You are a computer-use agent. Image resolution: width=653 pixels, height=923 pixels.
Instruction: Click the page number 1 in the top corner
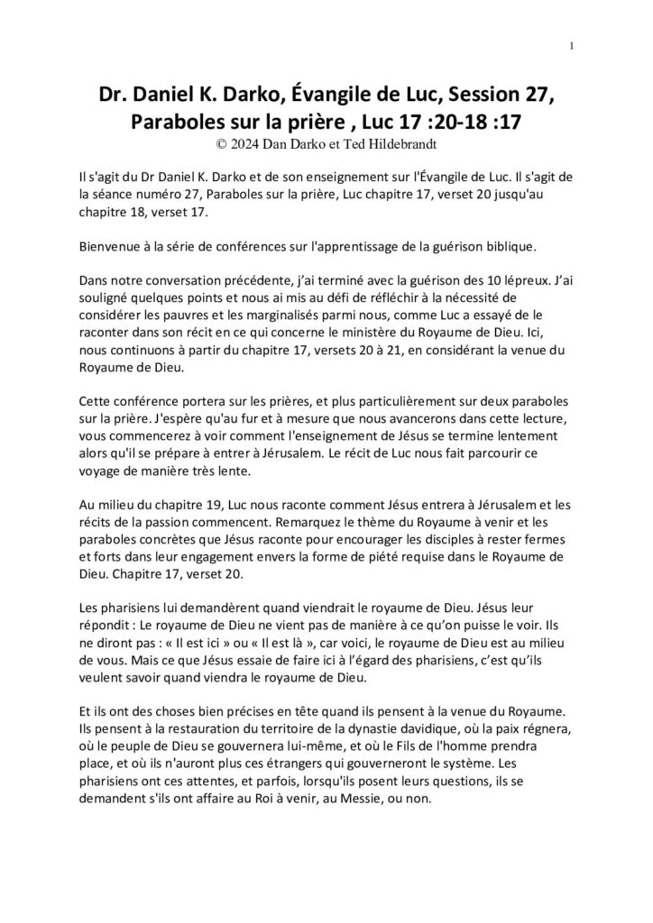574,47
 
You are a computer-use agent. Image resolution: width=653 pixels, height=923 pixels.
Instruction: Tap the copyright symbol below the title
211,142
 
